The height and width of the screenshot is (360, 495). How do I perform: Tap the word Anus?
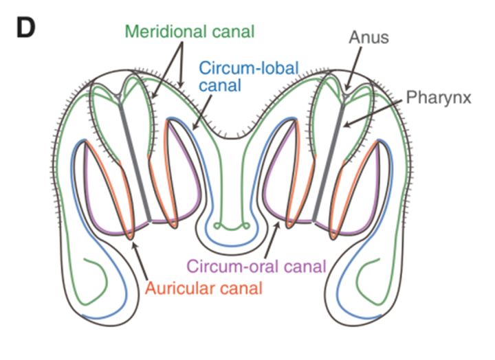pos(368,36)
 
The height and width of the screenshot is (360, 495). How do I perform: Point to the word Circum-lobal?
pos(239,68)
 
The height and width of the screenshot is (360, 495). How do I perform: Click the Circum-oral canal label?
pos(256,265)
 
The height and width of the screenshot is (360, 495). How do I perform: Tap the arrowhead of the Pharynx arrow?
pos(344,124)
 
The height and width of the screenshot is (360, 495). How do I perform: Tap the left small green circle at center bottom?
pos(218,225)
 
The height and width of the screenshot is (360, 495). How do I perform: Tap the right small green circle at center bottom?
pos(245,225)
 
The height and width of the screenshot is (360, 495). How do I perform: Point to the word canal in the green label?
pos(228,31)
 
